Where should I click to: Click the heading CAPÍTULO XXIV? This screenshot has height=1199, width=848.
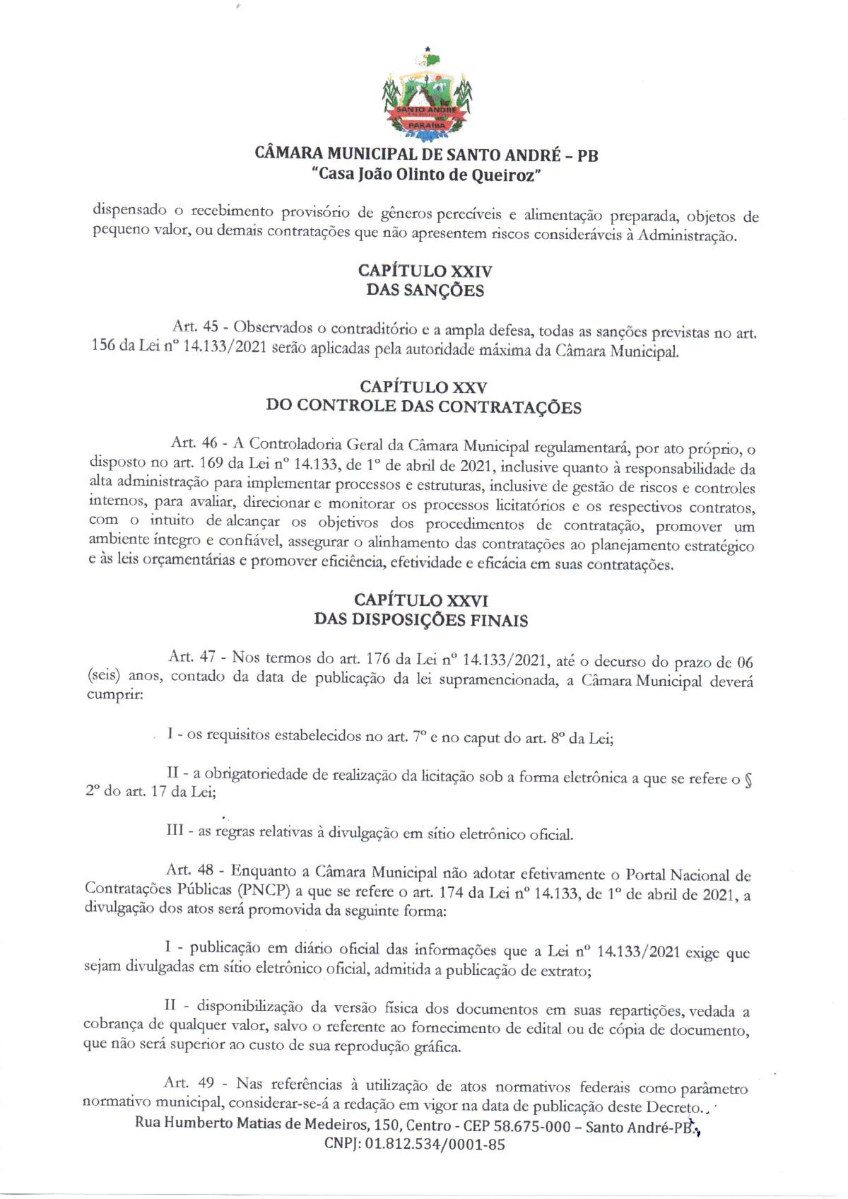[x=425, y=271]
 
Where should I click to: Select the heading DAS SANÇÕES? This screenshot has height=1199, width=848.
[x=425, y=290]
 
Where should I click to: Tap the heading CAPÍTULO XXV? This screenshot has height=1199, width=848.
[x=423, y=387]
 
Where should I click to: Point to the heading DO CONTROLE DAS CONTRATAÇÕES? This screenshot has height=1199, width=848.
[x=423, y=407]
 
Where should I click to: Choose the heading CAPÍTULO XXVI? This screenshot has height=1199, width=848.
[x=421, y=600]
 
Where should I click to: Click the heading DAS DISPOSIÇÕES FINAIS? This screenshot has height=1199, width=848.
[x=421, y=620]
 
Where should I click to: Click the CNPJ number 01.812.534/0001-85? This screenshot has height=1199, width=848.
[x=435, y=1145]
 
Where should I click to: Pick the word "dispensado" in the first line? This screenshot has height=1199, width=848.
[x=130, y=211]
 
